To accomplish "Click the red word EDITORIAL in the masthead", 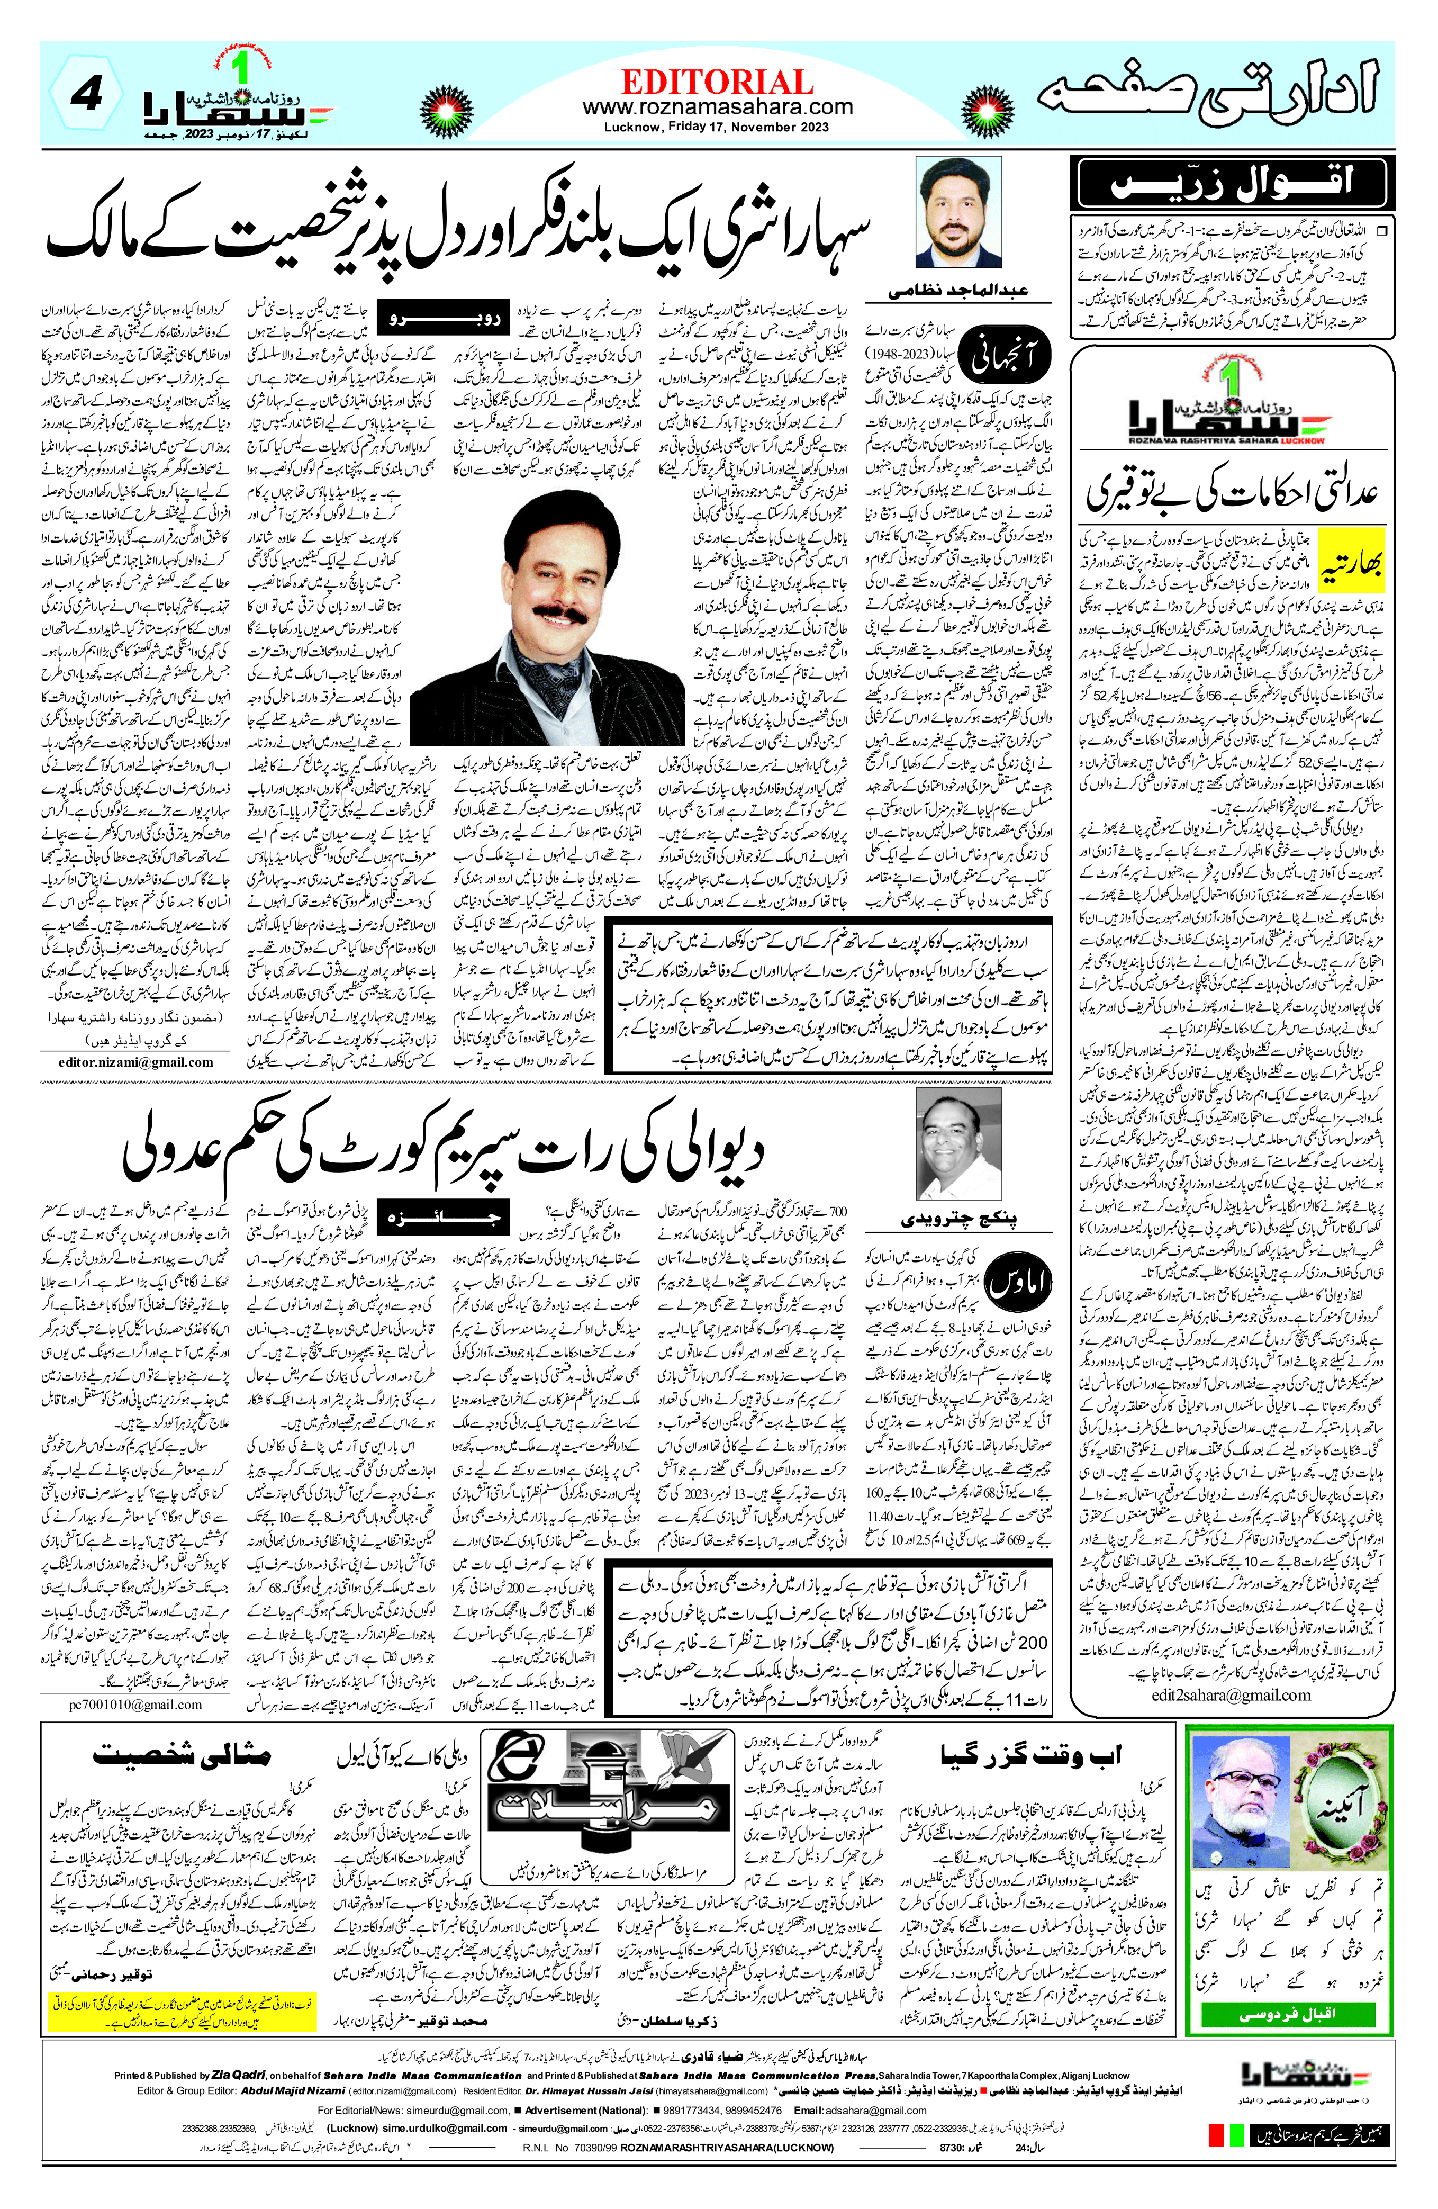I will [717, 82].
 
